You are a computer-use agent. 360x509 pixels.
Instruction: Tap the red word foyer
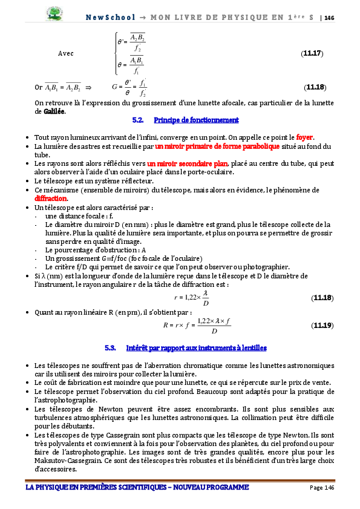point(304,137)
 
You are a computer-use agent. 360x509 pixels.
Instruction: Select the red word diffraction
point(51,198)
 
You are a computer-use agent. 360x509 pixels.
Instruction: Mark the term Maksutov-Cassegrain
point(67,461)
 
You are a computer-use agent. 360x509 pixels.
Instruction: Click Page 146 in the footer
point(321,487)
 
